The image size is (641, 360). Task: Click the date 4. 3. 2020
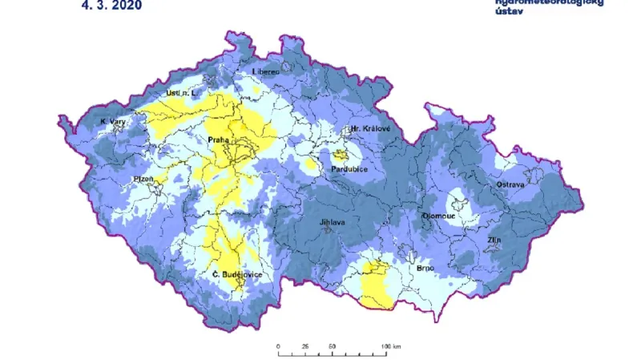point(112,6)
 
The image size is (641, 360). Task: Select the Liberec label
point(266,71)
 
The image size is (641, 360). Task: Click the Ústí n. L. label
point(180,94)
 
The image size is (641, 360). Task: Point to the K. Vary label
point(113,122)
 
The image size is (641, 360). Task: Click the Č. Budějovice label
point(237,275)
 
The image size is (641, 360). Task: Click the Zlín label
point(494,240)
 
